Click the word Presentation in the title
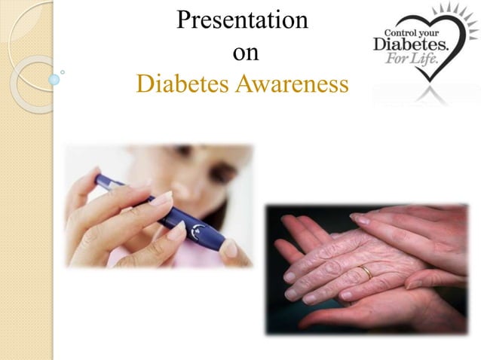[x=241, y=21]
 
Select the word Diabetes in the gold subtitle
[x=183, y=85]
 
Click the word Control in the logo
[x=402, y=32]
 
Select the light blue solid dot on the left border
[x=54, y=78]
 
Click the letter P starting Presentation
[x=182, y=21]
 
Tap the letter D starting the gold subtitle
[x=143, y=85]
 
